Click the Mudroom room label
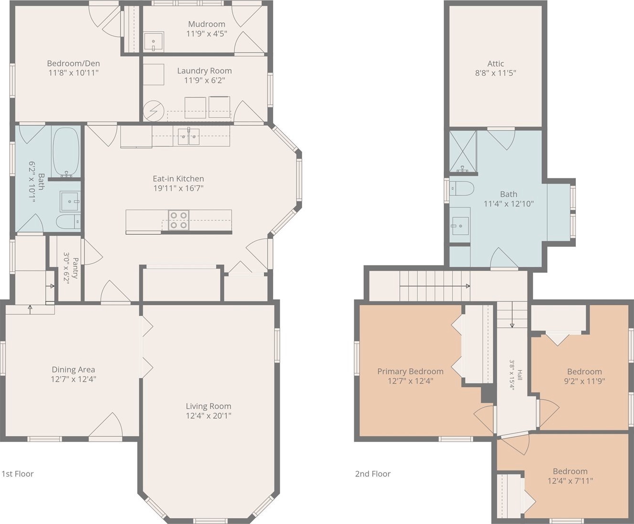click(x=206, y=24)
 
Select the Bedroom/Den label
click(x=73, y=63)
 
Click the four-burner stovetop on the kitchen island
click(x=179, y=220)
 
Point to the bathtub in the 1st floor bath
click(x=66, y=151)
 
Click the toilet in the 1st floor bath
click(x=69, y=222)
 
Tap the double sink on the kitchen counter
click(x=189, y=136)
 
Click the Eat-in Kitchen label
click(x=178, y=179)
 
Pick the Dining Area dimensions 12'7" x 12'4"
click(x=73, y=379)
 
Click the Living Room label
click(x=209, y=406)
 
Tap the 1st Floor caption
click(x=18, y=474)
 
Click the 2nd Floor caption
click(x=373, y=474)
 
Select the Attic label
click(x=496, y=64)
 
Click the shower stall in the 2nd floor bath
click(x=463, y=151)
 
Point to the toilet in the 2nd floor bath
click(x=461, y=189)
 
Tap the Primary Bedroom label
click(x=410, y=372)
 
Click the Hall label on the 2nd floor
click(x=520, y=375)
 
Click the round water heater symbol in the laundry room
click(x=153, y=111)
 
